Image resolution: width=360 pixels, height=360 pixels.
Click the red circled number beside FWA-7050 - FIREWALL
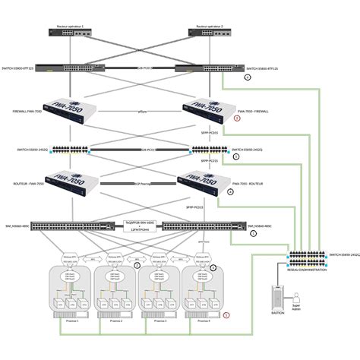tap(237, 119)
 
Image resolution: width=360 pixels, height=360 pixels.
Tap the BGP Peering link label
tap(143, 183)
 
